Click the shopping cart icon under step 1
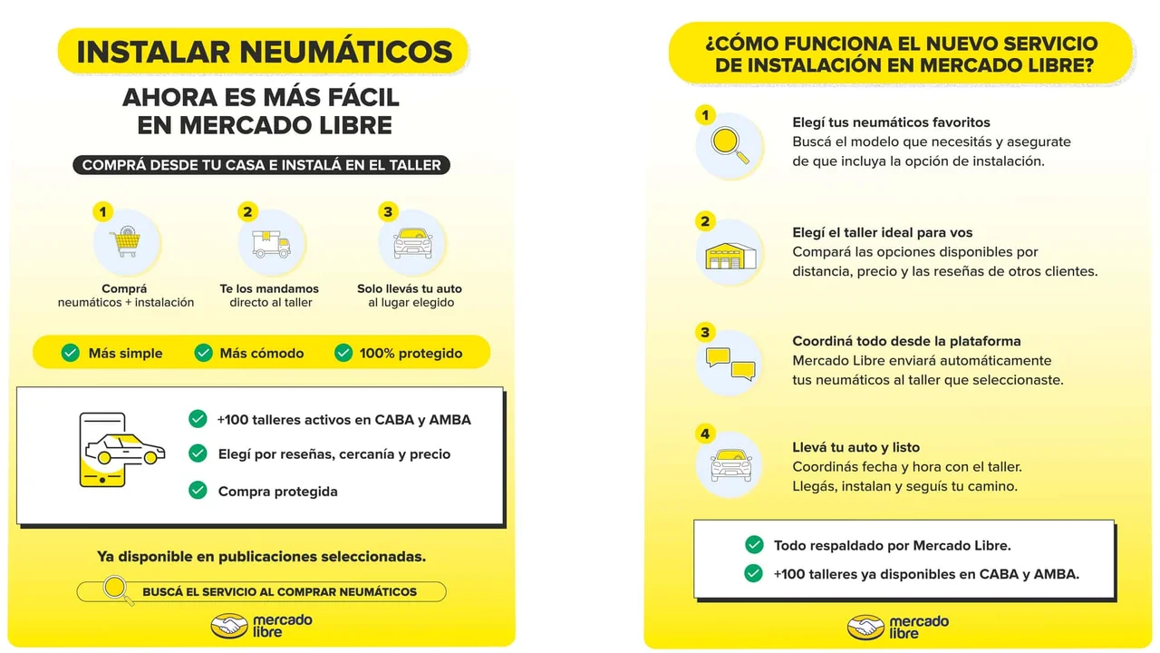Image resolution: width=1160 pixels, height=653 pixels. [125, 242]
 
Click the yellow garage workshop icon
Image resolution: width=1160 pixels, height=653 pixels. [730, 255]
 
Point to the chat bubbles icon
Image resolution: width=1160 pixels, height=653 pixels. [730, 362]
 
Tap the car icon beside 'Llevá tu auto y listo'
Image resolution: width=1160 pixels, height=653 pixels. [730, 463]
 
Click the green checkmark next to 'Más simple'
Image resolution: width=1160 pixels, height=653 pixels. [71, 353]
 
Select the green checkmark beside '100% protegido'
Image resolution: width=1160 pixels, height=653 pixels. [343, 353]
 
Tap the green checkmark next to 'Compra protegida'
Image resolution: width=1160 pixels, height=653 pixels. [198, 491]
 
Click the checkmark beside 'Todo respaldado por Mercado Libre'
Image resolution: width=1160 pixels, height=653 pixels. [753, 545]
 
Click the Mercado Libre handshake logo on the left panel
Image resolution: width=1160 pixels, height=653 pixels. [228, 626]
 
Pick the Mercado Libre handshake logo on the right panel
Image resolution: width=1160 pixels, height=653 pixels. [865, 627]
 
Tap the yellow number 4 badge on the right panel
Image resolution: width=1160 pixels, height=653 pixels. [706, 434]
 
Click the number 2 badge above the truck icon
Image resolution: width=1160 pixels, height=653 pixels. [248, 212]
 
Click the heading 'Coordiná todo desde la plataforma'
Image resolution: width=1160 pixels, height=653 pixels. [906, 341]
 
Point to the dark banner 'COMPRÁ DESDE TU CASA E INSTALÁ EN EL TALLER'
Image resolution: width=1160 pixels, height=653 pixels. [261, 165]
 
